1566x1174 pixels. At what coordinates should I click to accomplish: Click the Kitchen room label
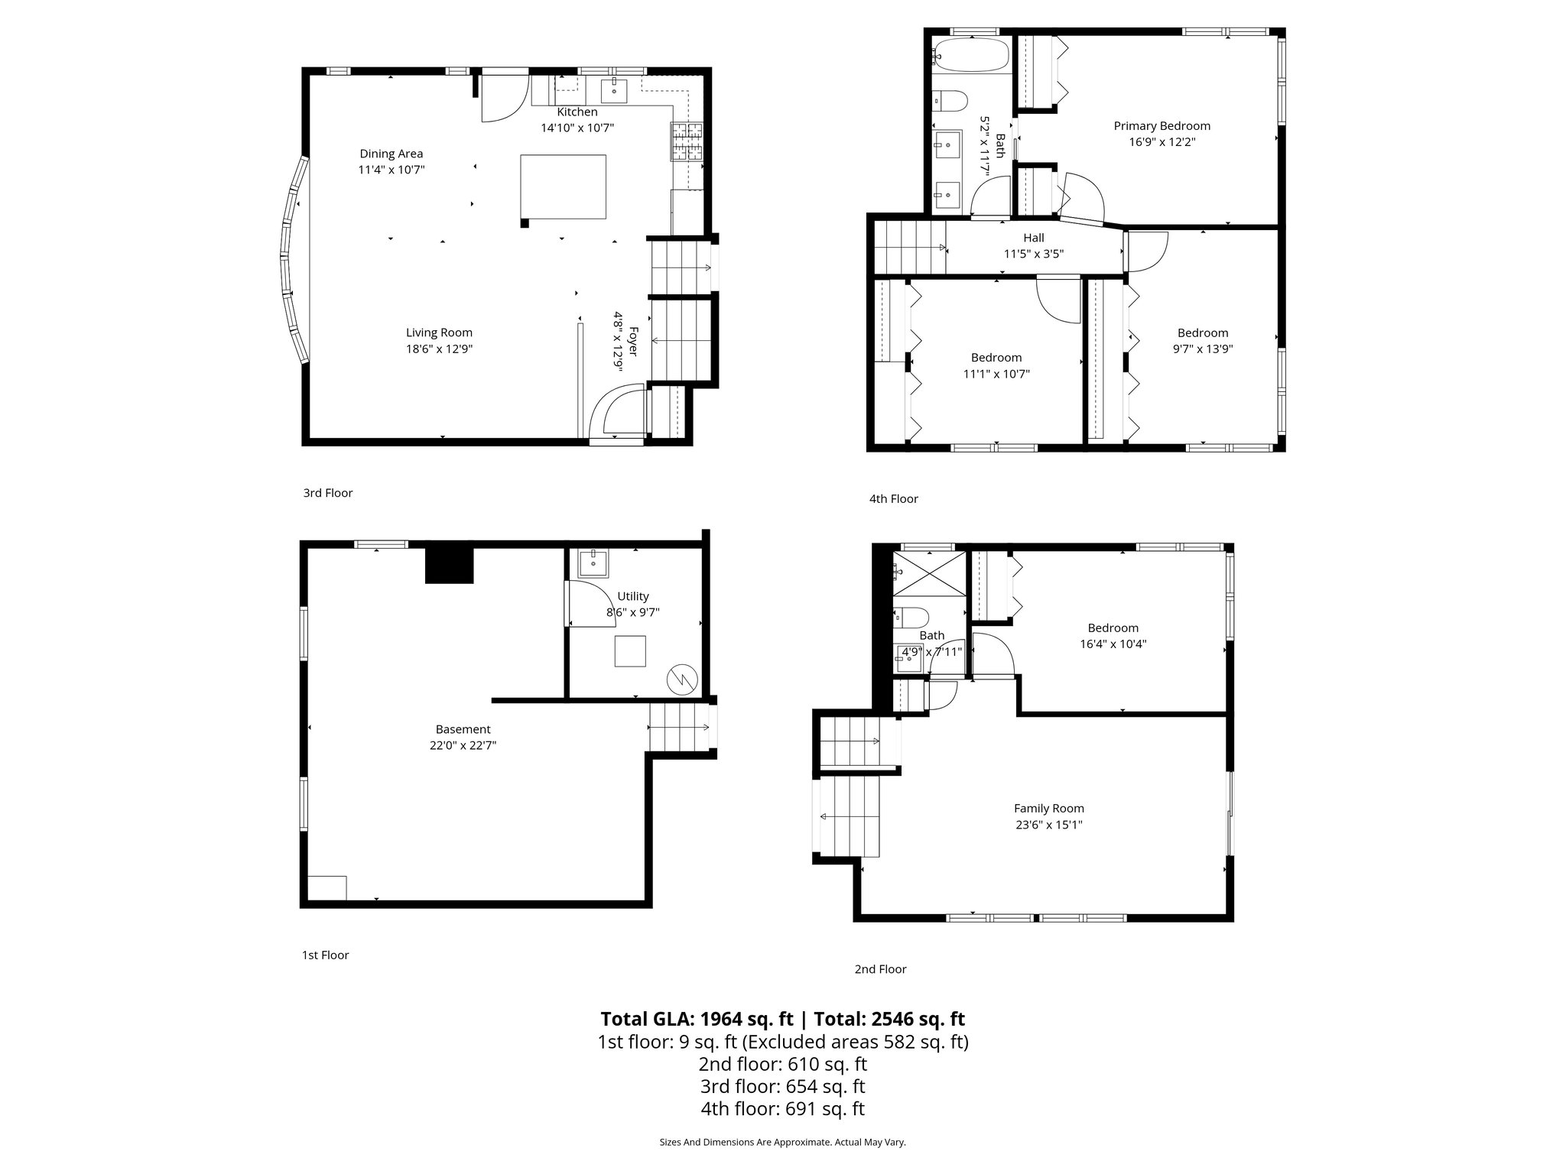[x=577, y=112]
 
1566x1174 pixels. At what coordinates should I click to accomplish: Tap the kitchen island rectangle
[x=563, y=187]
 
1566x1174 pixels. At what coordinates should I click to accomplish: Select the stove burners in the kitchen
[x=687, y=141]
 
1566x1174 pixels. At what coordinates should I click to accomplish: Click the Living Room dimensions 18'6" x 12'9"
[x=439, y=349]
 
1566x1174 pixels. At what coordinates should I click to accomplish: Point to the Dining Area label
[x=391, y=154]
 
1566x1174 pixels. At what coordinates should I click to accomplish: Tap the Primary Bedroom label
[x=1162, y=126]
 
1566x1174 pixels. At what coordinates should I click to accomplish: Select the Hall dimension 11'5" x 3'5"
[x=1033, y=254]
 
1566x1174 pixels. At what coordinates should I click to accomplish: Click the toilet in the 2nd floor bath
[x=911, y=616]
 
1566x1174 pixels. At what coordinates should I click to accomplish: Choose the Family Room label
[x=1048, y=808]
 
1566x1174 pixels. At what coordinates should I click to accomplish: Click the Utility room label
[x=632, y=596]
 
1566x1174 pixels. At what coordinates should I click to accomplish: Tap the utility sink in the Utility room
[x=593, y=563]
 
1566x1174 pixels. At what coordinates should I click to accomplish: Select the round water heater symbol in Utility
[x=681, y=678]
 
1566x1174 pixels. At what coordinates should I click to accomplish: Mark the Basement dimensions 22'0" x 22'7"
[x=463, y=745]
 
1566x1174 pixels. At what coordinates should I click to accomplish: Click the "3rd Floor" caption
[x=327, y=493]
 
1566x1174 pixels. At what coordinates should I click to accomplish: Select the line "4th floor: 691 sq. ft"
[x=782, y=1108]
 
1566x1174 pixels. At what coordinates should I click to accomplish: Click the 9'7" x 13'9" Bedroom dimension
[x=1203, y=349]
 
